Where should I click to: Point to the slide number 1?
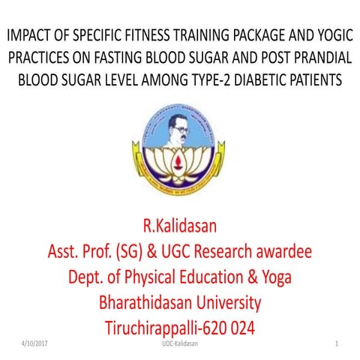click(x=338, y=343)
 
